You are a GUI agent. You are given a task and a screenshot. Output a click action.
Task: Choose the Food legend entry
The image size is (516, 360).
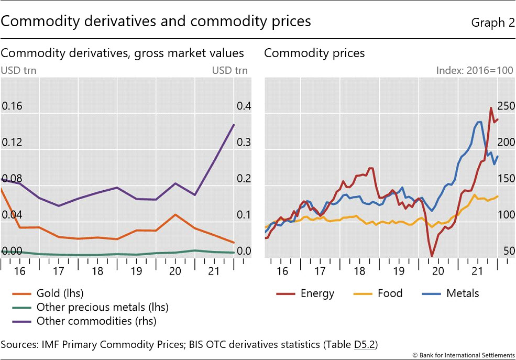click(x=390, y=293)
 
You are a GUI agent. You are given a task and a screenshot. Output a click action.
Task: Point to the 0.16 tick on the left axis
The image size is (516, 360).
click(x=13, y=106)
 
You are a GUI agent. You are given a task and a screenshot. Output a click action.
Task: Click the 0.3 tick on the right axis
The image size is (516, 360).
click(x=244, y=143)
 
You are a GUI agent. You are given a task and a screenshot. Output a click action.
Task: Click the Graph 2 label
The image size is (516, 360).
click(x=492, y=22)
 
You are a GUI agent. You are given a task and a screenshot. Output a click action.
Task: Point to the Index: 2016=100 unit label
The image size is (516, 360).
click(x=475, y=70)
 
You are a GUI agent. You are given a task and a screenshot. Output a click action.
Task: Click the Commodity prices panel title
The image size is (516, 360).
click(x=314, y=53)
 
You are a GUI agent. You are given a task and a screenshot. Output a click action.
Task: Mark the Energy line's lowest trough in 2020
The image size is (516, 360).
click(x=432, y=256)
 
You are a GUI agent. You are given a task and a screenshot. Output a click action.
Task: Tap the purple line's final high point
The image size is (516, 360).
click(x=234, y=124)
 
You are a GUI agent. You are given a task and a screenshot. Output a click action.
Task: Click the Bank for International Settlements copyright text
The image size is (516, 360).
click(x=462, y=355)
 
